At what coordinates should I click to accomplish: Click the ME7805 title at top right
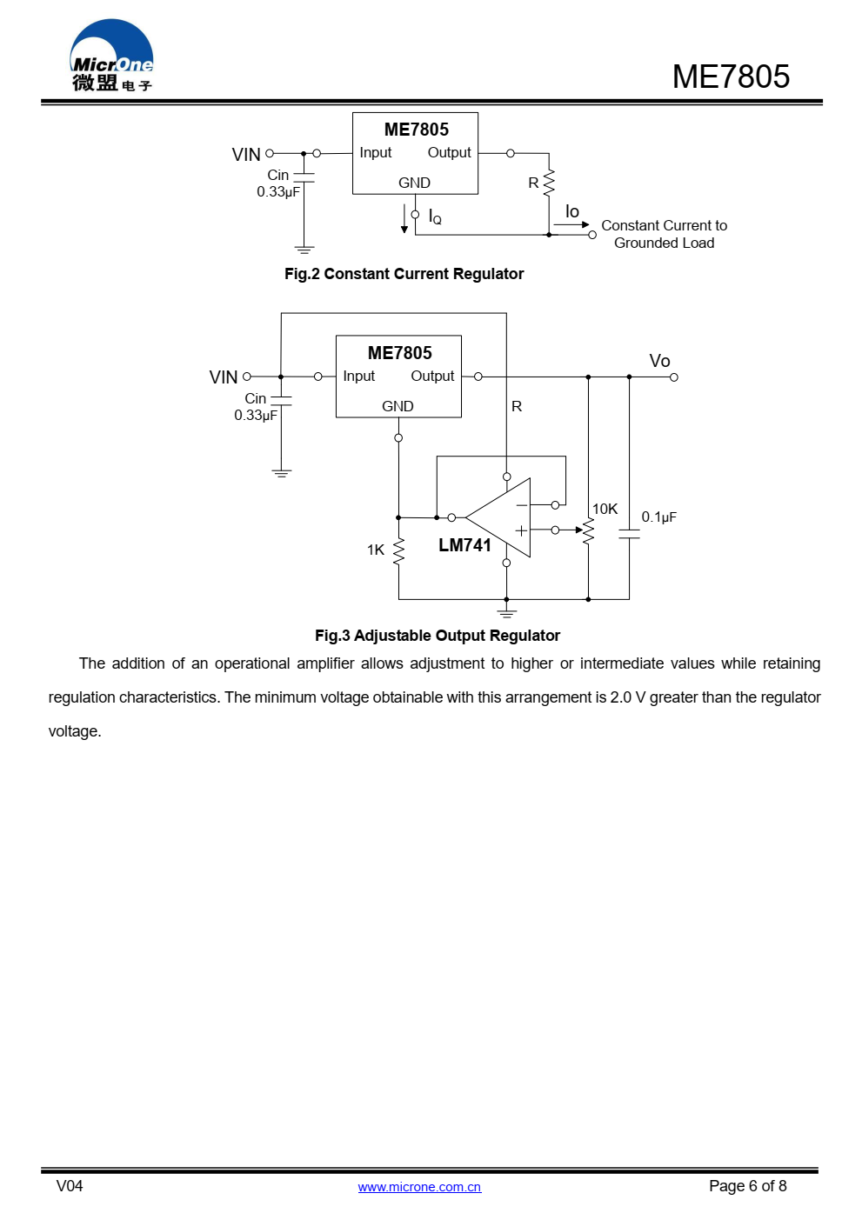[x=731, y=77]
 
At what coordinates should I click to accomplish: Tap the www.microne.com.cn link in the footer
[x=419, y=1187]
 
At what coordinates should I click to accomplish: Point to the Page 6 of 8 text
[x=747, y=1186]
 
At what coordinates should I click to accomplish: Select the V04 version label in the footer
[x=70, y=1186]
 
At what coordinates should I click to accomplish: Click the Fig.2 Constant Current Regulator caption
[x=404, y=274]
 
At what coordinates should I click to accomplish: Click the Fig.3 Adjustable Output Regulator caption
[x=437, y=636]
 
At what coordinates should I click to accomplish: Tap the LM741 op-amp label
[x=464, y=545]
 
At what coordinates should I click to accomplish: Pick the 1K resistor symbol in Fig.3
[x=399, y=550]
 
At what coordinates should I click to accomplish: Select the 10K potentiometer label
[x=605, y=509]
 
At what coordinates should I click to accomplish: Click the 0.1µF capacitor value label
[x=658, y=517]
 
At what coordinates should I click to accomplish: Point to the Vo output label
[x=659, y=361]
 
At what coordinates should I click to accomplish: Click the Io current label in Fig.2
[x=571, y=211]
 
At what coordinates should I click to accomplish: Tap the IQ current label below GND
[x=435, y=217]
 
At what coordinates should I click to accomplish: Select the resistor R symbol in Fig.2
[x=549, y=183]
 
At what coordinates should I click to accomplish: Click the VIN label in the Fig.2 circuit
[x=246, y=155]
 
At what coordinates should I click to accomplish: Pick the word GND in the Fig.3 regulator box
[x=398, y=406]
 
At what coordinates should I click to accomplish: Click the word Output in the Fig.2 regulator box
[x=449, y=152]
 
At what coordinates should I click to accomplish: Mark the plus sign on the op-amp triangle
[x=521, y=530]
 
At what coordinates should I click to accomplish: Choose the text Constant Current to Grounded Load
[x=664, y=234]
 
